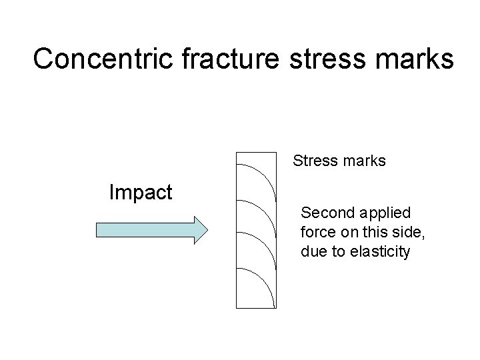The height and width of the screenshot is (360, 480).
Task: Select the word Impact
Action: [141, 193]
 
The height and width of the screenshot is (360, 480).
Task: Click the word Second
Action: [327, 213]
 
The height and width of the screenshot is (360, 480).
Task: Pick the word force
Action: [317, 233]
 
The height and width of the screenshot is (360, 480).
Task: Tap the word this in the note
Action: [377, 233]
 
